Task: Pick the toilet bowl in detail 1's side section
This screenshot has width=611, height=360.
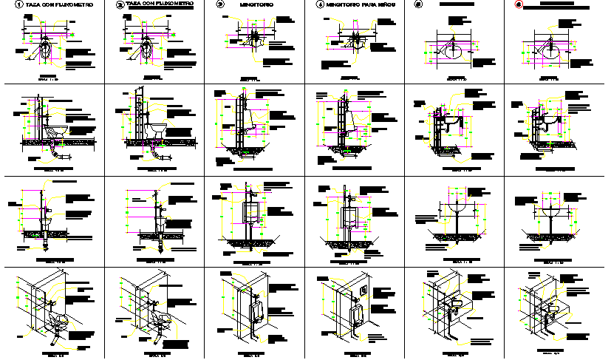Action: pyautogui.click(x=57, y=131)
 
